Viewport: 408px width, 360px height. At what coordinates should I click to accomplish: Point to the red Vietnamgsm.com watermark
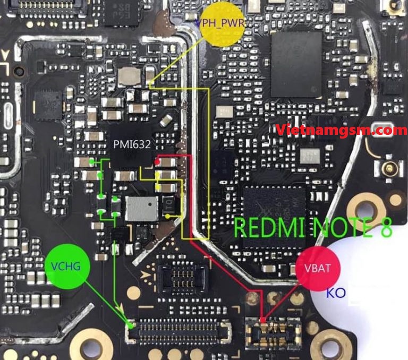click(342, 129)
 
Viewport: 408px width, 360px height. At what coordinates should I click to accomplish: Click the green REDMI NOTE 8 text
click(313, 227)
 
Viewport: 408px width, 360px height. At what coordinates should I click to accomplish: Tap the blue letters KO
click(336, 293)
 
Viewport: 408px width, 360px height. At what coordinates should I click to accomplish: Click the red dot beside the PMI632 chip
click(158, 160)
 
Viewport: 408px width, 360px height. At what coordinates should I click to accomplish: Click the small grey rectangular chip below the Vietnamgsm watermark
click(309, 156)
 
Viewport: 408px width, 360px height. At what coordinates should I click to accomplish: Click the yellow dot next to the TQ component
click(168, 216)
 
